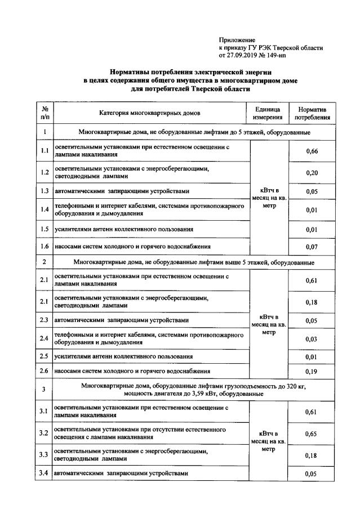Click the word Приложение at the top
pos(237,41)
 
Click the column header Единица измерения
pos(268,113)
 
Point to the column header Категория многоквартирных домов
pos(149,113)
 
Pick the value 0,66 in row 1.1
pos(312,151)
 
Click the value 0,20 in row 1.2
pos(312,172)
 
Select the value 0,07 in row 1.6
pos(312,247)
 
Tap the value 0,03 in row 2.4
pos(312,338)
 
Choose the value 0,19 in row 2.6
pos(312,372)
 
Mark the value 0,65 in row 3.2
pos(312,434)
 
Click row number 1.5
pos(45,229)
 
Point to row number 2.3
pos(45,320)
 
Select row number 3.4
pos(45,474)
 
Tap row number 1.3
pos(45,191)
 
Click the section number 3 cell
pos(45,389)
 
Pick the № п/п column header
pos(45,113)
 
